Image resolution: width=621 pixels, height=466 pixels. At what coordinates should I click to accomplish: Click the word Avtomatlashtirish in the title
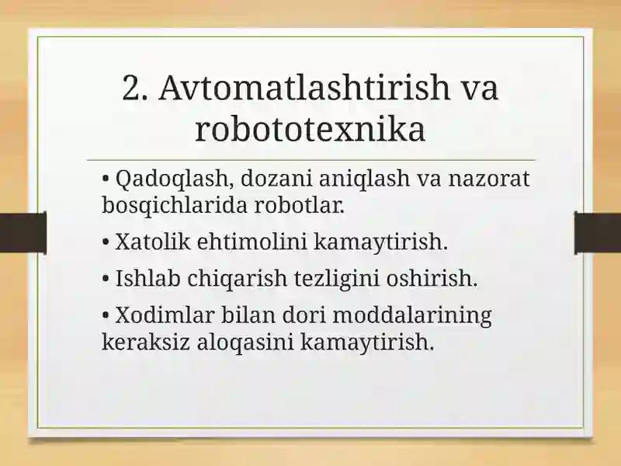click(x=304, y=87)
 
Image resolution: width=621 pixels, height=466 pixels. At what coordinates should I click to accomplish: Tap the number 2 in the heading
click(x=132, y=87)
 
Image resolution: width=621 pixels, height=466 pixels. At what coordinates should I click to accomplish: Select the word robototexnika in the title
click(x=310, y=129)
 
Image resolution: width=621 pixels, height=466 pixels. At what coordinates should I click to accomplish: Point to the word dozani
click(x=276, y=179)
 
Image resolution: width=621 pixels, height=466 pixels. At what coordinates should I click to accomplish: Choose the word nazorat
click(x=489, y=179)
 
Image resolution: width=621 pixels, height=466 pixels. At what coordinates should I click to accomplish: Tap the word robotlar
click(x=299, y=205)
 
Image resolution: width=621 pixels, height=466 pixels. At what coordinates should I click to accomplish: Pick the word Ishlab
click(x=147, y=278)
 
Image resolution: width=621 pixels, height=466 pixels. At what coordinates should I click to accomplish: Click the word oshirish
click(x=432, y=278)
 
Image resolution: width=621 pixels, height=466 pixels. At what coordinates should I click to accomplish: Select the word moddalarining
click(x=412, y=316)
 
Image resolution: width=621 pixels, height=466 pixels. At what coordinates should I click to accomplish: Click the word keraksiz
click(x=146, y=342)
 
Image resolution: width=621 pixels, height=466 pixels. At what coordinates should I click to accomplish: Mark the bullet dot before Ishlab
click(x=106, y=279)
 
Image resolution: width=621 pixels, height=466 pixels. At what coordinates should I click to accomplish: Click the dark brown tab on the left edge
click(x=23, y=233)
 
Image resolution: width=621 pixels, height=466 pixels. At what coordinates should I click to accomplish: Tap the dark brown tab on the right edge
click(x=598, y=233)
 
